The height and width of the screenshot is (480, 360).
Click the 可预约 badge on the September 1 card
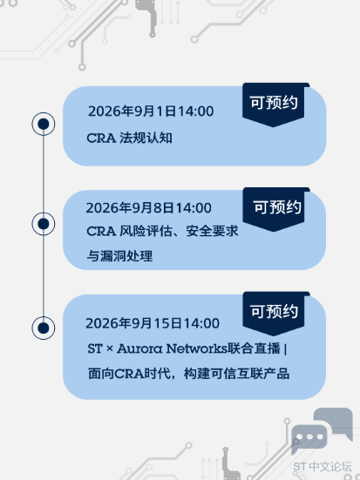click(274, 105)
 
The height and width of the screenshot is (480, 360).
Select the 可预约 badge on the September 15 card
click(274, 314)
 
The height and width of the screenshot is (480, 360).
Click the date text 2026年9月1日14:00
click(151, 112)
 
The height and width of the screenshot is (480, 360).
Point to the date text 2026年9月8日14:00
click(148, 208)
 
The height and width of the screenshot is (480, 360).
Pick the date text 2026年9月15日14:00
click(153, 323)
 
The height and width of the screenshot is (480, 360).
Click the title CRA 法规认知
click(129, 138)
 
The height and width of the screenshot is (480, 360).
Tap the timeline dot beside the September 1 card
click(44, 124)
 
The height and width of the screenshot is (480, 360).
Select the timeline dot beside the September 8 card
click(44, 224)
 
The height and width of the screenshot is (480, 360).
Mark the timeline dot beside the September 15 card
click(44, 328)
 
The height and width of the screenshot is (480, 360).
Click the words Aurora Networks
click(172, 348)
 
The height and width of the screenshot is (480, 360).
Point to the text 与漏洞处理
click(119, 256)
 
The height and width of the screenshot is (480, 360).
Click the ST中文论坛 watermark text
click(323, 467)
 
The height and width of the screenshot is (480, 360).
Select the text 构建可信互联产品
click(236, 374)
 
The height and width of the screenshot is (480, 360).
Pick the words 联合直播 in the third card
click(254, 348)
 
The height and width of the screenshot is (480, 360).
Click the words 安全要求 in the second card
click(212, 231)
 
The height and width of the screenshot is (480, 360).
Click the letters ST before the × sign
click(95, 348)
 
